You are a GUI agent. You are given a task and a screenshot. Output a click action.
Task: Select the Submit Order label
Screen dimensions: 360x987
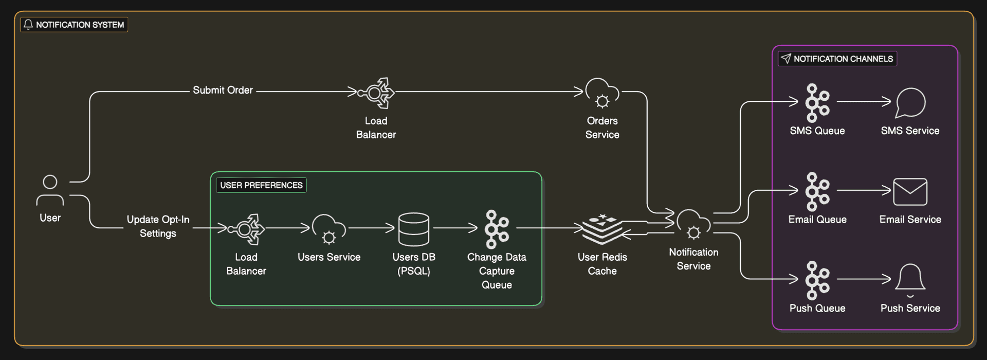(x=223, y=91)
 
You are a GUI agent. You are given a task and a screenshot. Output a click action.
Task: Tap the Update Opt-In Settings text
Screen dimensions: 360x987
(x=158, y=226)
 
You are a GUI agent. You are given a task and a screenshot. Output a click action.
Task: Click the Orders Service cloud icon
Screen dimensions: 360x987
(x=602, y=93)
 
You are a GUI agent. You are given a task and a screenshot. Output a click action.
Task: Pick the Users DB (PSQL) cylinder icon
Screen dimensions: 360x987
(x=413, y=229)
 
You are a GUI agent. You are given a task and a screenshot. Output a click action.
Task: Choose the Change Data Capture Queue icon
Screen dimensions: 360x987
(x=497, y=229)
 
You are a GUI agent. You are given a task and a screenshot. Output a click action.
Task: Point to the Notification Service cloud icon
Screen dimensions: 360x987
(x=693, y=225)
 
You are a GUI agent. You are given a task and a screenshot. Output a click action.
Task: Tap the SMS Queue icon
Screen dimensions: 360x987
(x=817, y=103)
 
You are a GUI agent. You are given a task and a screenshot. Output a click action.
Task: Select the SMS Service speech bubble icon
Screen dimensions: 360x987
(x=910, y=103)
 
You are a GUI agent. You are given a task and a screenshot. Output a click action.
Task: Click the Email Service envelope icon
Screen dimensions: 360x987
(x=910, y=192)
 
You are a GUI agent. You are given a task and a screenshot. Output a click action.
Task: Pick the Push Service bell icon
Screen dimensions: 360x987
(x=910, y=280)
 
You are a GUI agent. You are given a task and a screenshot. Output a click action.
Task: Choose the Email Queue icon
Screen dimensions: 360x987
(x=817, y=192)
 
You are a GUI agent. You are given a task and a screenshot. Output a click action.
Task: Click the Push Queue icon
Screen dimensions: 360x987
(x=817, y=280)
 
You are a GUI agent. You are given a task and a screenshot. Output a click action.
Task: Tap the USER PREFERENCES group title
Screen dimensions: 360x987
(x=261, y=185)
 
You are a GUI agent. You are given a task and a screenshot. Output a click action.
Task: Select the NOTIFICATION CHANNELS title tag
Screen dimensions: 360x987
(x=837, y=59)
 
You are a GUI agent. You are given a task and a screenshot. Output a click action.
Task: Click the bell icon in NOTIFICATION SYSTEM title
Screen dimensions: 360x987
(x=28, y=24)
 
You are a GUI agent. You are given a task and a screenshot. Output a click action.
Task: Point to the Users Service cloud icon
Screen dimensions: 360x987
(x=329, y=229)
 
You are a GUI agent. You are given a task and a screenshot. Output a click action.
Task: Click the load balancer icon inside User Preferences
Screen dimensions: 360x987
(x=246, y=229)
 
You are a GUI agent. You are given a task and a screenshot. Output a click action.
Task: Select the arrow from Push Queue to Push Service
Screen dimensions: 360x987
(x=864, y=279)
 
